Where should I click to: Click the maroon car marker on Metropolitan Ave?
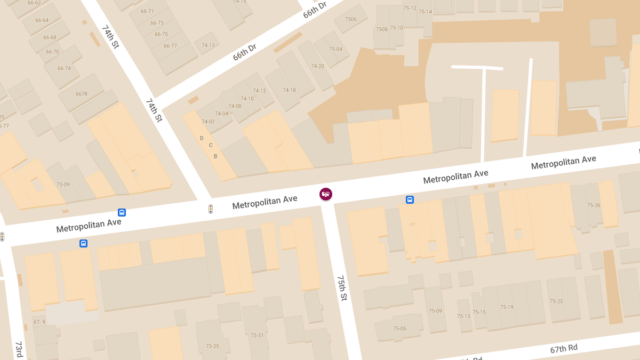pyautogui.click(x=326, y=194)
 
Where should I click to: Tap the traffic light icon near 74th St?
pyautogui.click(x=211, y=209)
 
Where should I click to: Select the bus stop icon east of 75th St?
pyautogui.click(x=410, y=200)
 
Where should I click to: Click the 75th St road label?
pyautogui.click(x=342, y=288)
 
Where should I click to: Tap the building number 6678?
pyautogui.click(x=82, y=94)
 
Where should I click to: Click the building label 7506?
pyautogui.click(x=350, y=19)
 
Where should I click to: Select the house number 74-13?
pyautogui.click(x=208, y=45)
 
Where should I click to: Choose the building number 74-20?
pyautogui.click(x=318, y=66)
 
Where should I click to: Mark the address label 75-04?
pyautogui.click(x=335, y=49)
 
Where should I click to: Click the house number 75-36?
pyautogui.click(x=594, y=205)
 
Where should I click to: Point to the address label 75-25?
pyautogui.click(x=556, y=301)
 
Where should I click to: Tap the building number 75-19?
pyautogui.click(x=507, y=307)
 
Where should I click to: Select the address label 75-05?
pyautogui.click(x=399, y=329)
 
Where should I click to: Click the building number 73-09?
pyautogui.click(x=63, y=185)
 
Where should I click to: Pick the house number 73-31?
pyautogui.click(x=257, y=335)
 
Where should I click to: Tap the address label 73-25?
pyautogui.click(x=212, y=346)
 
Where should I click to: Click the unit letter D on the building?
pyautogui.click(x=202, y=138)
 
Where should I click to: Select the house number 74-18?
pyautogui.click(x=289, y=90)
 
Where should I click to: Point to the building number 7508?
pyautogui.click(x=382, y=29)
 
